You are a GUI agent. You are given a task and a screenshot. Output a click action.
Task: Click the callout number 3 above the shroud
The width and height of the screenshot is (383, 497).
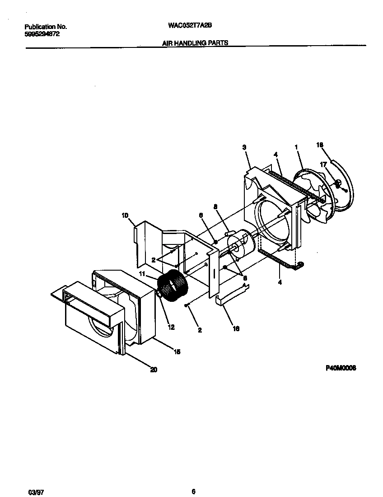[244, 147]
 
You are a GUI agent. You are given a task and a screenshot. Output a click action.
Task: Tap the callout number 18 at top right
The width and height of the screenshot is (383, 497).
[320, 145]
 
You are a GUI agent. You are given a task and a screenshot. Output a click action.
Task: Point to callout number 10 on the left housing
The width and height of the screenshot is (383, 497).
[125, 216]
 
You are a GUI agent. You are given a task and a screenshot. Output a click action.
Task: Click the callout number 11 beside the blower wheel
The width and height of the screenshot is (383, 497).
[142, 274]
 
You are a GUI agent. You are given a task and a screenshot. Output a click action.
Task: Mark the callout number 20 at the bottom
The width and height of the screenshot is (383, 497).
[154, 370]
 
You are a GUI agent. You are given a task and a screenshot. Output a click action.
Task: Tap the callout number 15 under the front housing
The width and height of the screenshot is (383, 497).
[177, 352]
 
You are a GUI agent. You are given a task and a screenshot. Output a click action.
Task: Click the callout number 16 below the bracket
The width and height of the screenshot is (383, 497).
[235, 328]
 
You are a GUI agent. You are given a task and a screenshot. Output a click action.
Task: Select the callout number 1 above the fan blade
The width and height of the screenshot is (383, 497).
[296, 147]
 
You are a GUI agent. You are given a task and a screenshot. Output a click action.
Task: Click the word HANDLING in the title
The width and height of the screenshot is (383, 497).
[193, 43]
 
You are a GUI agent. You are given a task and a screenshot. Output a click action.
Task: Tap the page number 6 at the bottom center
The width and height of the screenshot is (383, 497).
[193, 479]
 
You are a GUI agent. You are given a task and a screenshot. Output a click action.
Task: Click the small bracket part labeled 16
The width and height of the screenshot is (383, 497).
[230, 298]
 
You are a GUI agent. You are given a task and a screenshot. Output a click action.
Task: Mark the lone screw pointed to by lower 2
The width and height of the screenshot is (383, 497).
[186, 306]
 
